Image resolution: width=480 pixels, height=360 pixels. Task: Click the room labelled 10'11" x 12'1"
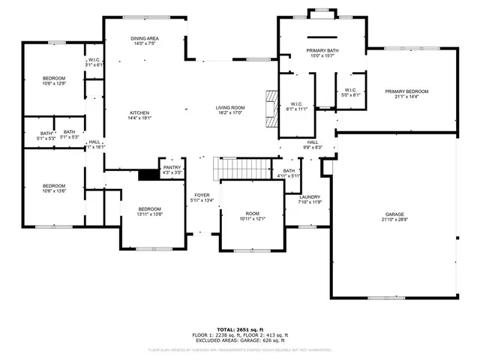coord(253,217)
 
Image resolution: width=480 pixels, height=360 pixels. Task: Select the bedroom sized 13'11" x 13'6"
coord(149,211)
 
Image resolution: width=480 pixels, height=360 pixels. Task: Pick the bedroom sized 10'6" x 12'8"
coord(53,81)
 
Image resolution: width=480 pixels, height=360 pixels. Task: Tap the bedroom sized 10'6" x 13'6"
coord(53,188)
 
